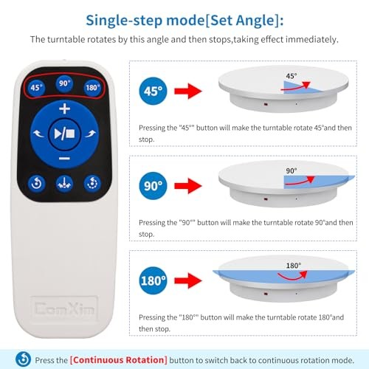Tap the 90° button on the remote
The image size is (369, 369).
(64, 83)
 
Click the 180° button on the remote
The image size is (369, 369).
(92, 88)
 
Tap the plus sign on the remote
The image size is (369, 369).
(64, 108)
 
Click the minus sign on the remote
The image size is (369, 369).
(64, 159)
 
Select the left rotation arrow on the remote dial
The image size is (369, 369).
(38, 134)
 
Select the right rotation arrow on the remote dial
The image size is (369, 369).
(90, 134)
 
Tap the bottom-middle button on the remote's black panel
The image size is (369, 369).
(64, 184)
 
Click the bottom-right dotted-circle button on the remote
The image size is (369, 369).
(92, 183)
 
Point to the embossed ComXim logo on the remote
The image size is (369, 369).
(64, 308)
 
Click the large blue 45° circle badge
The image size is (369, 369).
(153, 91)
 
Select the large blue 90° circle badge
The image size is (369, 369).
(153, 186)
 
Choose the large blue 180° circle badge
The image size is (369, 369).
(153, 280)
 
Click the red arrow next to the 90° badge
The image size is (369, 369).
(188, 186)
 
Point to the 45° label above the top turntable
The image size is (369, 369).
(292, 76)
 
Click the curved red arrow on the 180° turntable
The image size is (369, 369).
(293, 276)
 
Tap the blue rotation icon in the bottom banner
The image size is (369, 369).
(24, 359)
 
